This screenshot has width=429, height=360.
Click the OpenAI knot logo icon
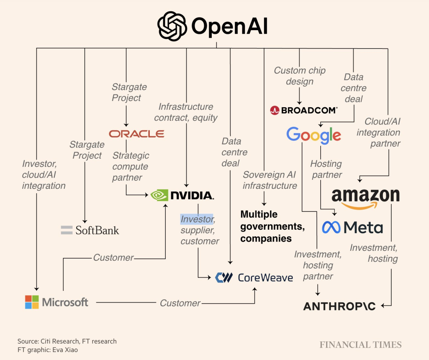tap(172, 26)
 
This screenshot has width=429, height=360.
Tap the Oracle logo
tap(137, 134)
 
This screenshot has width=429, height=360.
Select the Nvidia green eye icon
tap(160, 195)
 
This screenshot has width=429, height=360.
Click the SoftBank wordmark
tap(97, 230)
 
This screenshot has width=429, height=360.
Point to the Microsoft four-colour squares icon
tap(32, 302)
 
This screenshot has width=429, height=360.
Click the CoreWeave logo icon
tap(224, 277)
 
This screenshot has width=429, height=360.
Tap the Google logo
tap(313, 135)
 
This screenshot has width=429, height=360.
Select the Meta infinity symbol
tap(331, 227)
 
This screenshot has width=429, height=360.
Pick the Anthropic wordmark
tap(339, 306)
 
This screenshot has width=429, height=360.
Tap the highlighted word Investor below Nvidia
tap(197, 219)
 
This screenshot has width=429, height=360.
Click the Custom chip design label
tap(300, 76)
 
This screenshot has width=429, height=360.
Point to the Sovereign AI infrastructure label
tap(270, 180)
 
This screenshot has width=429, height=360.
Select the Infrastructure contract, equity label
tap(186, 112)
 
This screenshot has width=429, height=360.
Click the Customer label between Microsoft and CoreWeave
tap(180, 303)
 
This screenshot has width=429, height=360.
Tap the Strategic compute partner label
tap(130, 166)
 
